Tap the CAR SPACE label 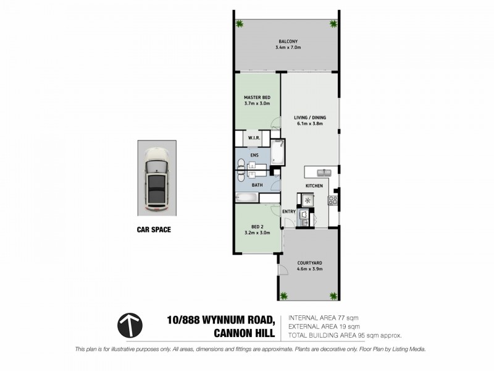(154, 229)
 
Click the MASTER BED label (257, 97)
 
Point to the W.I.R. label (253, 138)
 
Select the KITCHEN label (315, 185)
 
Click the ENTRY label (288, 211)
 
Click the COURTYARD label (309, 263)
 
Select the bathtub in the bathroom (246, 198)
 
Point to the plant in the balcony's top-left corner (240, 24)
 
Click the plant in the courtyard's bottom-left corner (284, 295)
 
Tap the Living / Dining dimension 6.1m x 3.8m (309, 122)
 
